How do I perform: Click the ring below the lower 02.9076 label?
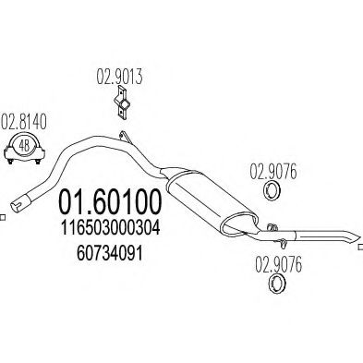(273, 287)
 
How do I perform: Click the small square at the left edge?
(3, 218)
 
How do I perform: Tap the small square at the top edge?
(181, 3)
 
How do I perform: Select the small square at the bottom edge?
(181, 358)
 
